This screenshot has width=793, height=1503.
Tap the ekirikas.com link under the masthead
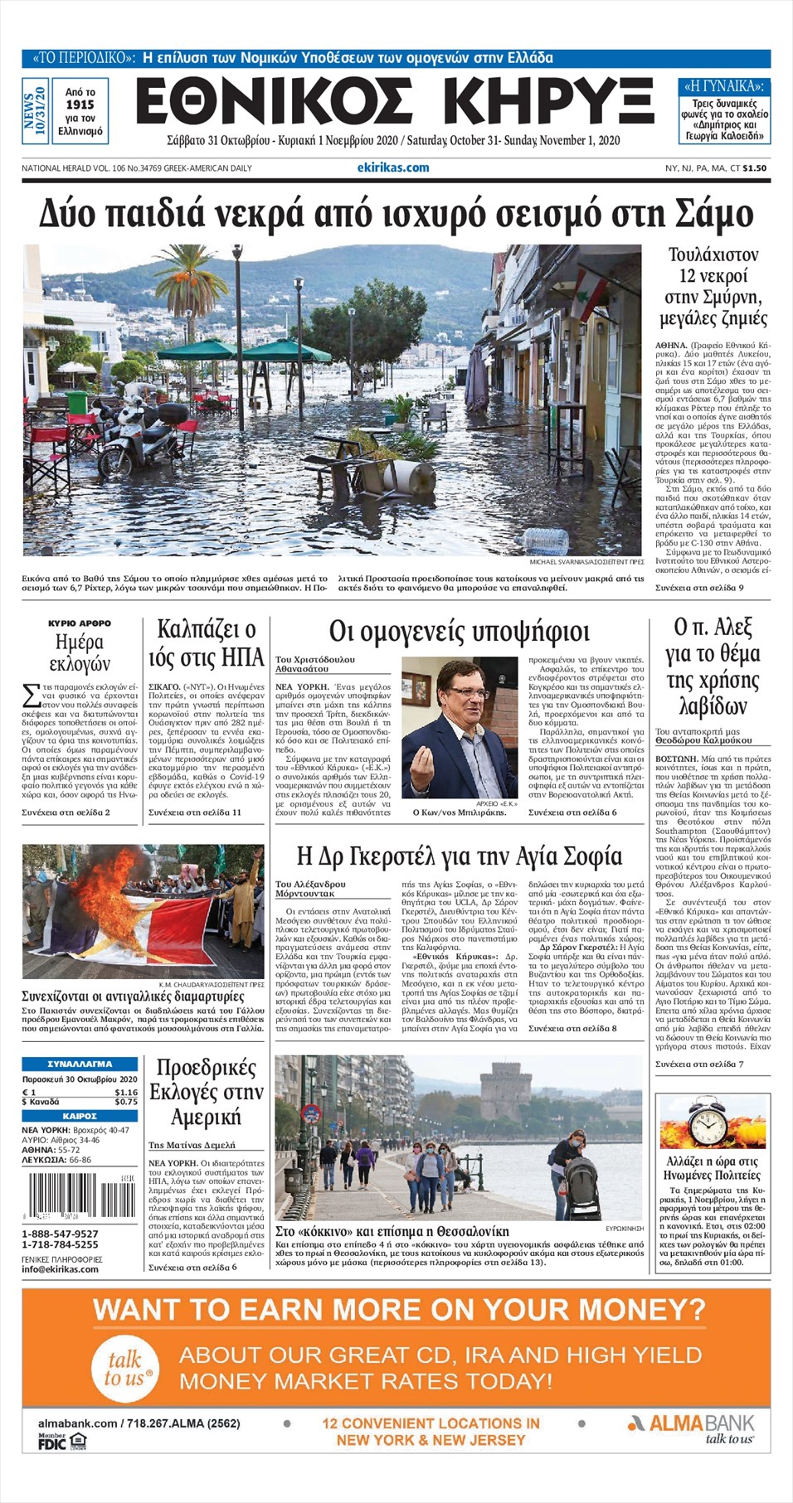point(392,167)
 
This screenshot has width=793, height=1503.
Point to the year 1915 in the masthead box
point(80,104)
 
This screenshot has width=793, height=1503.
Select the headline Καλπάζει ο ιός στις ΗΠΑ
point(206,643)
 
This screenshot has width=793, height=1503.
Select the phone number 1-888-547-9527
point(60,1234)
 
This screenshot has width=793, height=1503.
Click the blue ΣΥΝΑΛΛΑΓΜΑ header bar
point(80,1063)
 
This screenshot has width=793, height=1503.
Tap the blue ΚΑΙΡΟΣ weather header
point(80,1116)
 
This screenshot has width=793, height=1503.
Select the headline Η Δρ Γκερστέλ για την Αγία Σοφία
point(459,856)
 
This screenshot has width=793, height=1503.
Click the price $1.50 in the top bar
point(754,167)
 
